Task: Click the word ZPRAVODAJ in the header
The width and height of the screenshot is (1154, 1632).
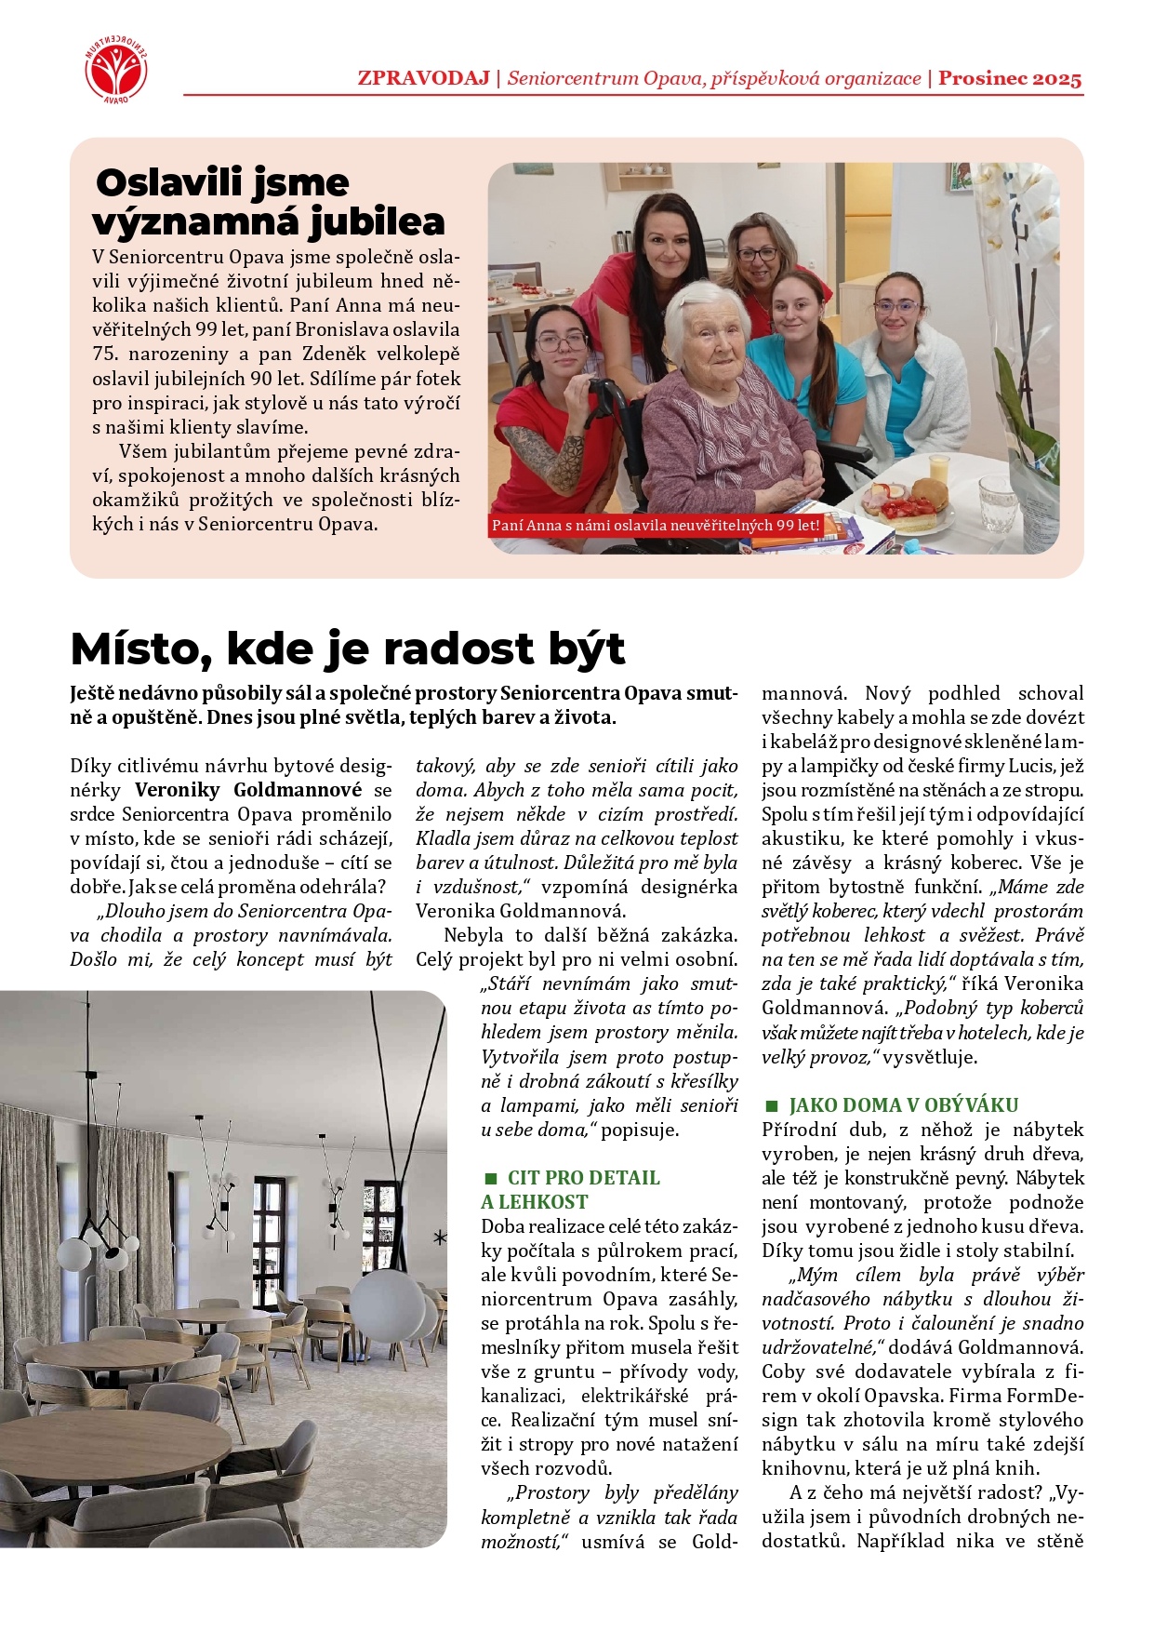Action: click(423, 78)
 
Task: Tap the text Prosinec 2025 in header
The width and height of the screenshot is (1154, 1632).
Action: click(1010, 78)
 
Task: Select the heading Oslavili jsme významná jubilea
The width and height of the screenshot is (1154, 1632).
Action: click(270, 202)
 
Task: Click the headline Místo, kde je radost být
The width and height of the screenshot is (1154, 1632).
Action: click(348, 649)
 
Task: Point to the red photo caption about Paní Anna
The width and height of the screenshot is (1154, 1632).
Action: click(656, 526)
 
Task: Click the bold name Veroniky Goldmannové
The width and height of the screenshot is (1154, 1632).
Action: click(248, 791)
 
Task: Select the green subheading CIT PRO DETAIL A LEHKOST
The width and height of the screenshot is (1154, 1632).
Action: click(570, 1190)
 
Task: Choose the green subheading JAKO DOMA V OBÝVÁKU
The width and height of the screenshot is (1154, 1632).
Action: click(903, 1105)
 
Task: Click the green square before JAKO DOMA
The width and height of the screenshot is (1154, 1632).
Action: click(771, 1106)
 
